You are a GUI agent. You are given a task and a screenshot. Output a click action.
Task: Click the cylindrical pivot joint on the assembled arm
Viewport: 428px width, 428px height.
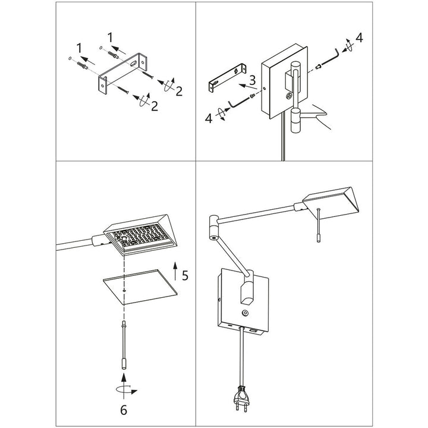[213, 228]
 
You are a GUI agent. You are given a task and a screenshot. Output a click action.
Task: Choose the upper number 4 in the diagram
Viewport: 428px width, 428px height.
[358, 40]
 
